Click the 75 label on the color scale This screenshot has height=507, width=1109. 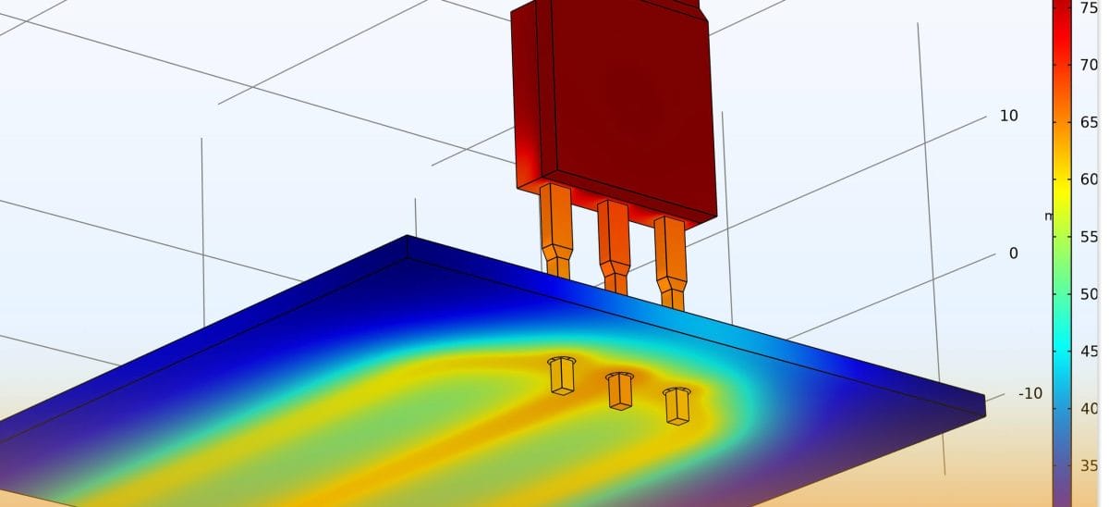pyautogui.click(x=1089, y=8)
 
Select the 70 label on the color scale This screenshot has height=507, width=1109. pyautogui.click(x=1089, y=66)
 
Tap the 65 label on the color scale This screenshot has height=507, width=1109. pyautogui.click(x=1089, y=122)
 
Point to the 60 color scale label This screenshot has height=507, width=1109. pyautogui.click(x=1089, y=179)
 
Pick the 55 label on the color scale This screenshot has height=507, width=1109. pyautogui.click(x=1089, y=237)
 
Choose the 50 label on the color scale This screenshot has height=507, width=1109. pyautogui.click(x=1089, y=294)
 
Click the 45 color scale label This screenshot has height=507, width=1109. pyautogui.click(x=1089, y=352)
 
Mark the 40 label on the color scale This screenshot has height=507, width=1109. pyautogui.click(x=1089, y=408)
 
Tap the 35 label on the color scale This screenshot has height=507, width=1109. pyautogui.click(x=1089, y=465)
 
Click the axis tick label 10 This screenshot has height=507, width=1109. pyautogui.click(x=1008, y=116)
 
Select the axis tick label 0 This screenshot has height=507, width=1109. pyautogui.click(x=1013, y=253)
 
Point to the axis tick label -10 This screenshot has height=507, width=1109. pyautogui.click(x=1030, y=393)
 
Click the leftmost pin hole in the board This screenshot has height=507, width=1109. pyautogui.click(x=561, y=374)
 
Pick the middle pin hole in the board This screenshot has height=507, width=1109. pyautogui.click(x=619, y=389)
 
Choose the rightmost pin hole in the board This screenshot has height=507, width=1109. pyautogui.click(x=677, y=404)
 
